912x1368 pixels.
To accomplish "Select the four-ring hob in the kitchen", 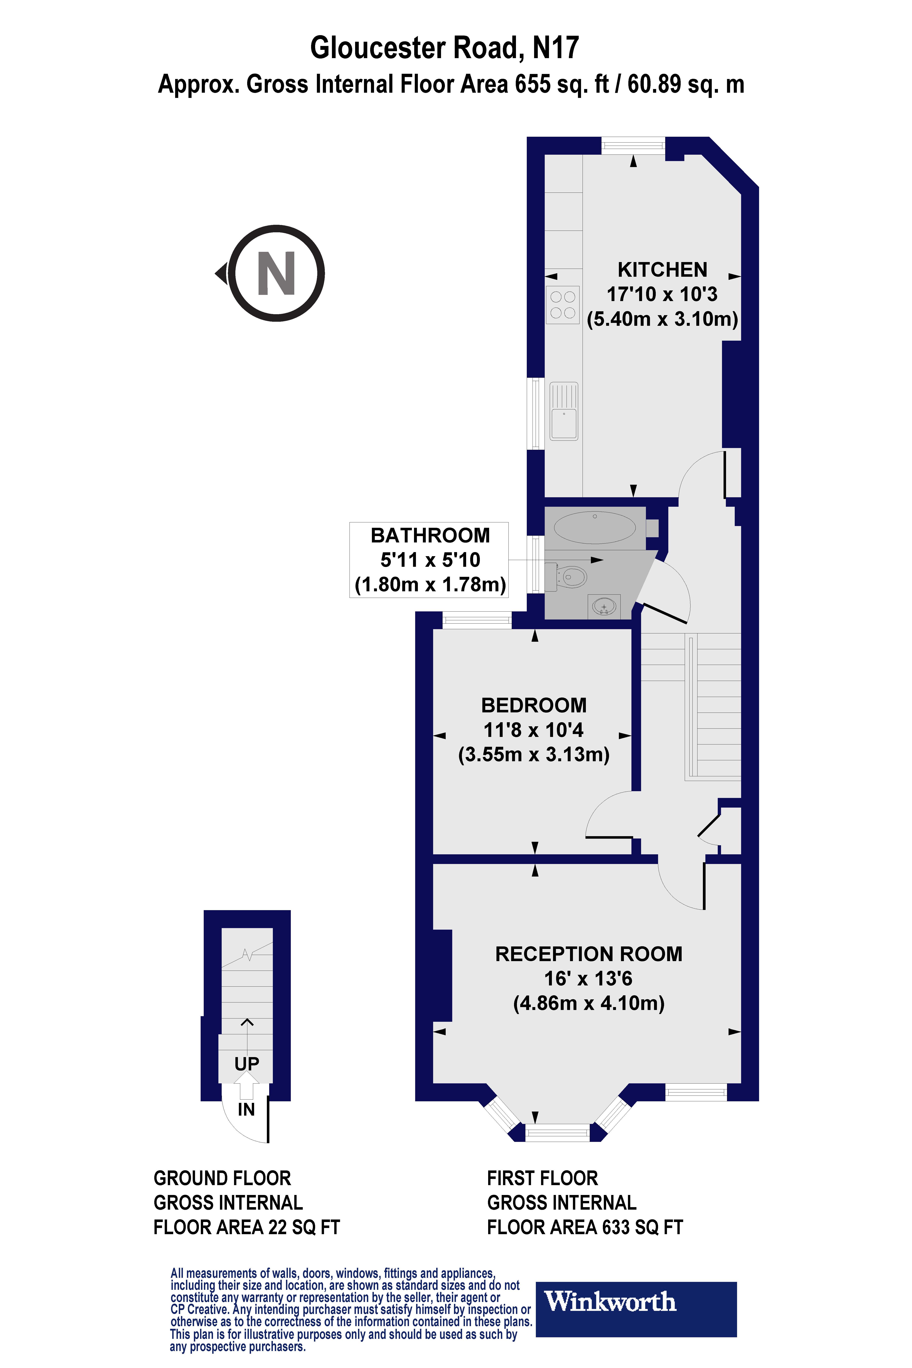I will click(x=562, y=305).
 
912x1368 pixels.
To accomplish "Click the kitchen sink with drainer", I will click(x=564, y=411).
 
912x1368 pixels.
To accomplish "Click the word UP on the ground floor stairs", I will click(x=247, y=1064).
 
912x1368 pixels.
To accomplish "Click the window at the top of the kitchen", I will click(x=633, y=145).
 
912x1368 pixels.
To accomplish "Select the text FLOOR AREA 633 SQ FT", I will click(x=585, y=1227).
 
